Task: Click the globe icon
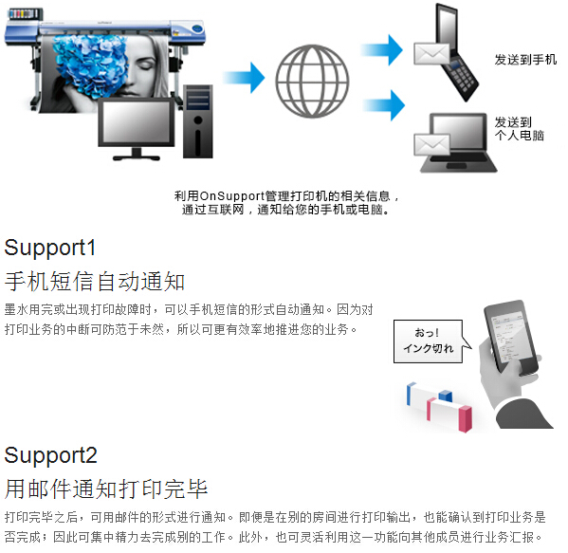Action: coord(312,81)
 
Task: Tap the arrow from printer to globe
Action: coord(244,78)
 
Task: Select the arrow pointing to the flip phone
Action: coord(381,50)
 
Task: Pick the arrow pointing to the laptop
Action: coord(384,105)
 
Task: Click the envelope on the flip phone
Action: coord(431,54)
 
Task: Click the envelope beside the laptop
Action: coord(431,145)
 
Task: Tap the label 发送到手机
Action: coord(525,60)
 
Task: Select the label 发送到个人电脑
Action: coord(520,129)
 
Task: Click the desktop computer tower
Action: coord(198,121)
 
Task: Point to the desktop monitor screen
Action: coord(137,122)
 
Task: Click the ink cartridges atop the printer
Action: coord(25,14)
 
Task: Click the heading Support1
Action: coord(50,249)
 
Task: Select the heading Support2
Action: coord(50,455)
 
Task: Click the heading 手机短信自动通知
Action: coord(95,282)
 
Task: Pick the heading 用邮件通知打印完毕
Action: coord(106,488)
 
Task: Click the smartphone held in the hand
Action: coord(512,336)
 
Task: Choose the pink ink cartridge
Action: coord(449,415)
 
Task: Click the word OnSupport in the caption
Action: coord(232,196)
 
